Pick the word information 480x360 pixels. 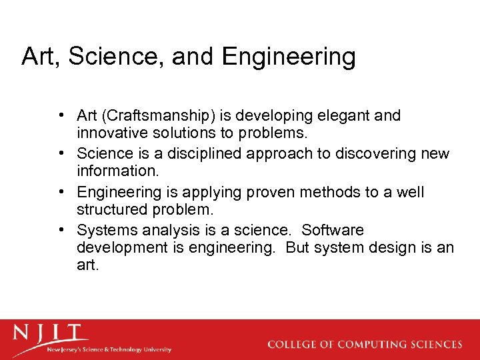pos(118,171)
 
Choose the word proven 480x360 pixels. pos(279,193)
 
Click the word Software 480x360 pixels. pos(333,231)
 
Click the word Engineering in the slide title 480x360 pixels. pos(289,57)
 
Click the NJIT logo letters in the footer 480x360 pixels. pos(51,333)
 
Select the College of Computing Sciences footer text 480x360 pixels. pos(364,345)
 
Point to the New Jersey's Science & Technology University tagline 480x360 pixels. pos(108,349)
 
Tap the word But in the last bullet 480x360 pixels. pos(300,247)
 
